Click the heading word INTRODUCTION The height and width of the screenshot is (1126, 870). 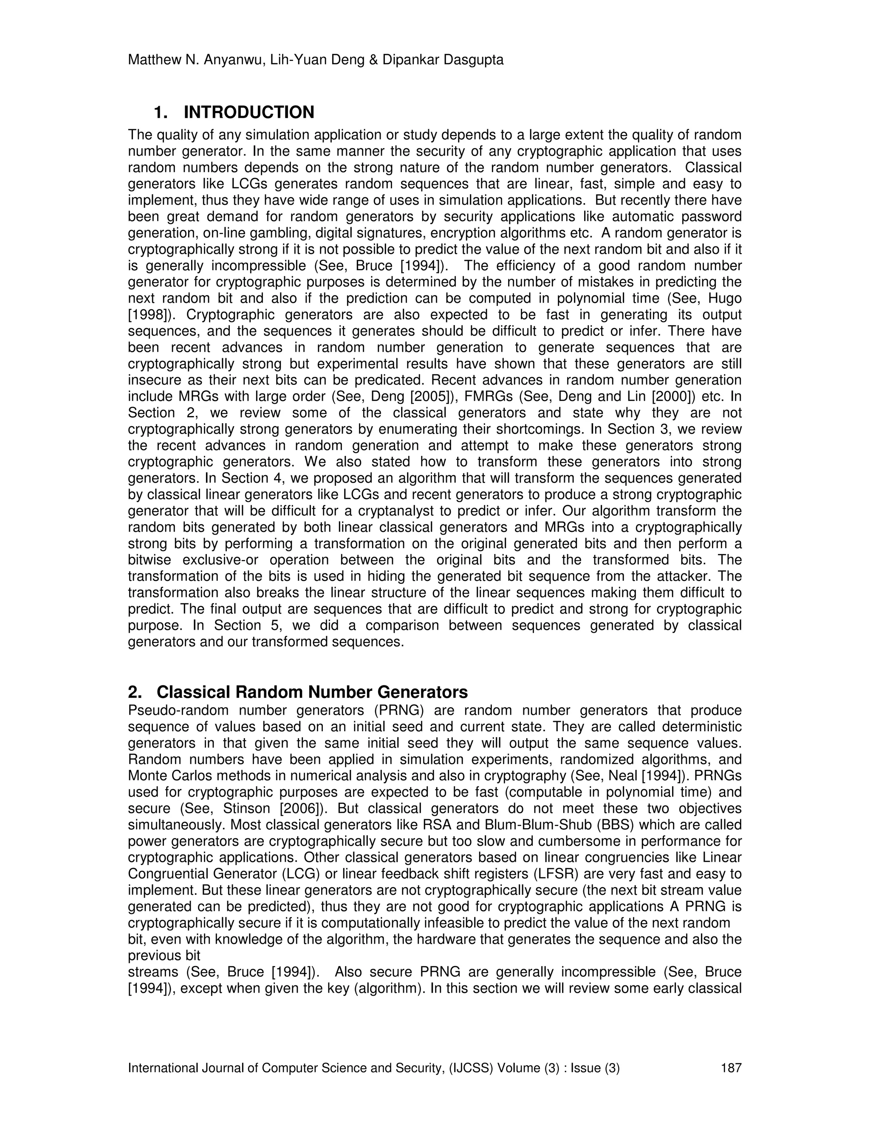pos(249,113)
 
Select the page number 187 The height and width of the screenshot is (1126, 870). pos(731,1067)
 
